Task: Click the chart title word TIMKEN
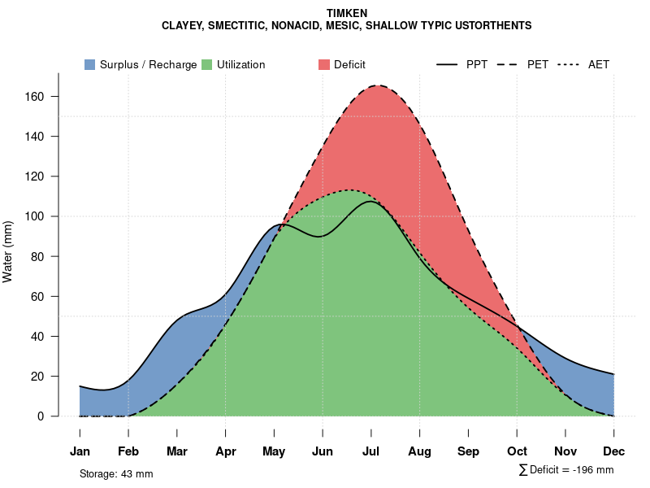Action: point(347,14)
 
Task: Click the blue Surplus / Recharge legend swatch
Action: point(89,64)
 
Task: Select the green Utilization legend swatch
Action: point(207,64)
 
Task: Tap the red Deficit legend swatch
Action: point(323,64)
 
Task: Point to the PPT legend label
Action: point(477,64)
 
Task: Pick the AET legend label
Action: point(599,64)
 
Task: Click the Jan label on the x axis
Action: point(80,451)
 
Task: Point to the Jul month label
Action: point(371,451)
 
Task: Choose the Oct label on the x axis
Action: point(517,451)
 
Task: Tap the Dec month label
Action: point(614,451)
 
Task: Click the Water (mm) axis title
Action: point(8,251)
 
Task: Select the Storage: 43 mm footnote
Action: point(116,473)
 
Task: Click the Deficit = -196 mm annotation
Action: point(566,470)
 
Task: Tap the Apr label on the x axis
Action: point(225,451)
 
